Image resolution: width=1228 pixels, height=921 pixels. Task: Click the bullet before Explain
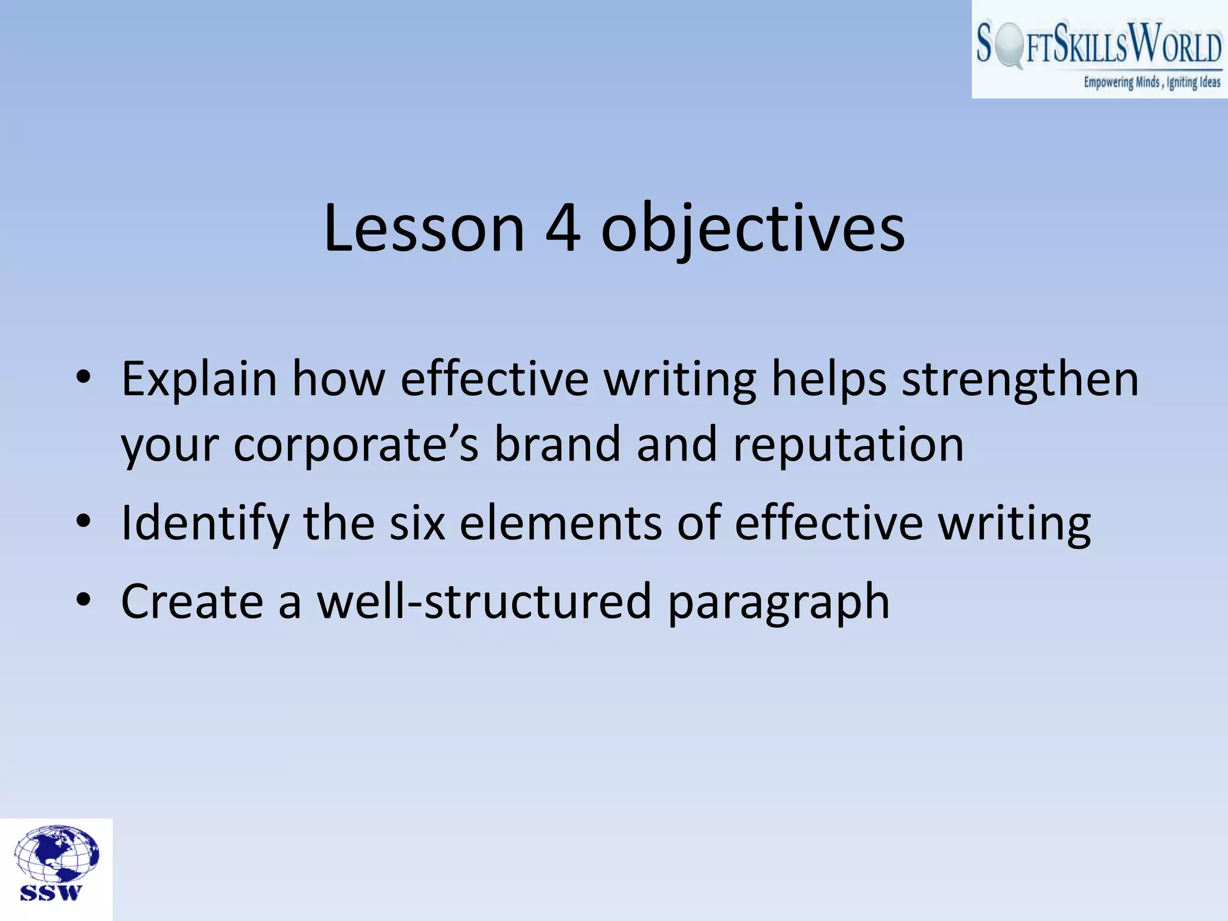pyautogui.click(x=83, y=378)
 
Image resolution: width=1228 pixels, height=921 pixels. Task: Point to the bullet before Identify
pyautogui.click(x=83, y=521)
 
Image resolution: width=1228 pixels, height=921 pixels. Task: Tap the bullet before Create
pyautogui.click(x=83, y=599)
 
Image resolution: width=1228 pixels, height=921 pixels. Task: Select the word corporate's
pyautogui.click(x=356, y=446)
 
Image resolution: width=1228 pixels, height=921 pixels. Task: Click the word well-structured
pyautogui.click(x=484, y=601)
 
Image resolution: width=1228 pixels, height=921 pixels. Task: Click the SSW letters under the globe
pyautogui.click(x=50, y=893)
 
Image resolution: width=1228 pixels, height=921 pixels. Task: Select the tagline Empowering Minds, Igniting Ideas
pyautogui.click(x=1151, y=83)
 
